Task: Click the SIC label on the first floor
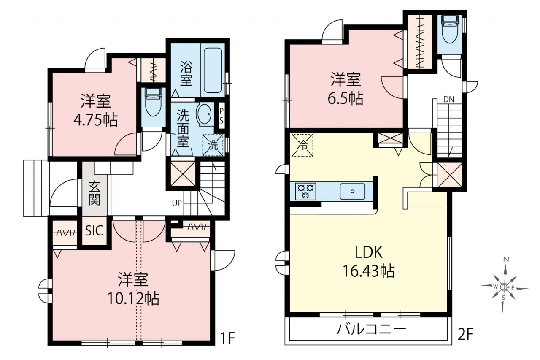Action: [x=94, y=231]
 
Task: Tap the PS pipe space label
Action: [x=221, y=116]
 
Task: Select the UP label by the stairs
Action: [x=177, y=203]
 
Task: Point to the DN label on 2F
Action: [x=448, y=99]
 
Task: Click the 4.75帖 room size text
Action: [x=96, y=120]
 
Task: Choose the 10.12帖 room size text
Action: [x=133, y=299]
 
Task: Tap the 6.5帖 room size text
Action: [x=346, y=98]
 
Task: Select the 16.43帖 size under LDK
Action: [x=369, y=271]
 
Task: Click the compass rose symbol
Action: [x=504, y=287]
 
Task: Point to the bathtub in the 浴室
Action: [x=213, y=70]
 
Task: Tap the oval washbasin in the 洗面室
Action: [x=205, y=114]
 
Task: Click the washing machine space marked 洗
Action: [x=213, y=145]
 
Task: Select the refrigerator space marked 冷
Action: [x=302, y=145]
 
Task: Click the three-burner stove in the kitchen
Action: [x=305, y=192]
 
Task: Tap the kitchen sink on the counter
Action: [x=352, y=192]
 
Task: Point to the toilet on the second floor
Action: [x=449, y=29]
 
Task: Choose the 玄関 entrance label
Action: [x=94, y=193]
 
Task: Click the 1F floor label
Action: [x=227, y=338]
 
